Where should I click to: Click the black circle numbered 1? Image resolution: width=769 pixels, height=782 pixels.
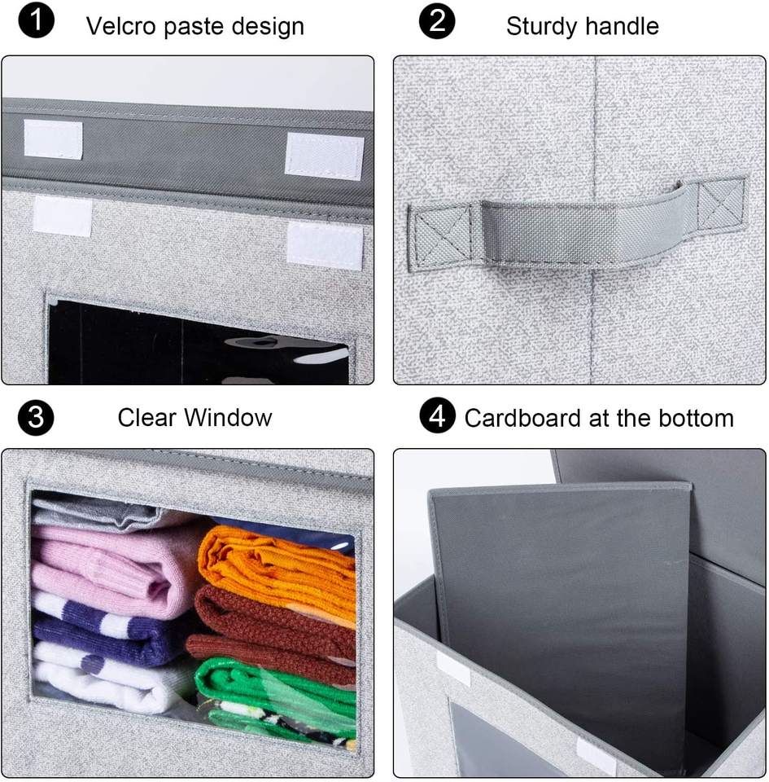tap(37, 20)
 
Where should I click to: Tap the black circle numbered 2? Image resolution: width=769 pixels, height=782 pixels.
tap(437, 21)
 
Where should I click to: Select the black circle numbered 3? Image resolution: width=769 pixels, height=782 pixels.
tap(36, 417)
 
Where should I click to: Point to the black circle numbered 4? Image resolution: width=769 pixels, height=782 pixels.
tap(437, 415)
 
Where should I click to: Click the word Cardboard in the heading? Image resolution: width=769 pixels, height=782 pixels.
tap(523, 418)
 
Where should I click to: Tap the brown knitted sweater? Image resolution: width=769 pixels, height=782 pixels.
tap(273, 630)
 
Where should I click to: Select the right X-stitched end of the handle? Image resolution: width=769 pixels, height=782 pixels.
tap(721, 201)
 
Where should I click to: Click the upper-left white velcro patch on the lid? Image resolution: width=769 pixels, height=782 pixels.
tap(53, 138)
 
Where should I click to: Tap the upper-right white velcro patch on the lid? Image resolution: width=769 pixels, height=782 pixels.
tap(324, 156)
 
